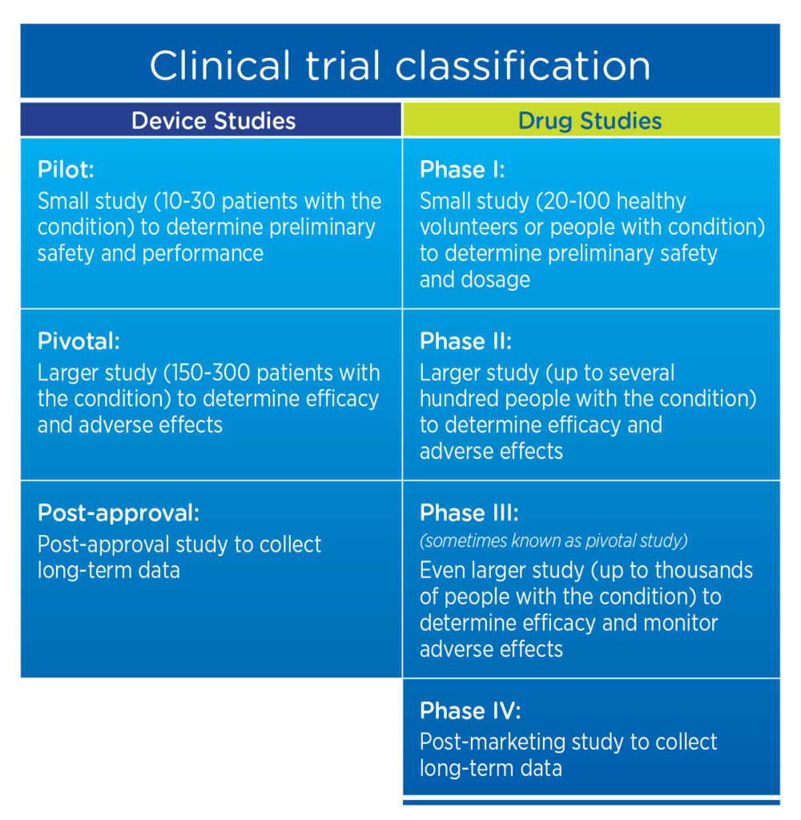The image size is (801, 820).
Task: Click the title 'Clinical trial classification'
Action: tap(400, 65)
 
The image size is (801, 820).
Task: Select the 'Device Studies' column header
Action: tap(213, 121)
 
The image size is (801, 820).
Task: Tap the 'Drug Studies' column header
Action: tap(590, 121)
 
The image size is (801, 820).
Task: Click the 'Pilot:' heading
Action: tap(65, 170)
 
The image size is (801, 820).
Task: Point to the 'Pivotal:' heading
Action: tap(78, 341)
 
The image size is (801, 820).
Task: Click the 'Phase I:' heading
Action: tap(462, 170)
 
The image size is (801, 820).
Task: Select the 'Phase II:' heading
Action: tap(465, 341)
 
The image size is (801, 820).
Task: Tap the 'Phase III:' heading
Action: tap(469, 512)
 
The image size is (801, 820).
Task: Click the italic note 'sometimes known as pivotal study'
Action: tap(553, 541)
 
